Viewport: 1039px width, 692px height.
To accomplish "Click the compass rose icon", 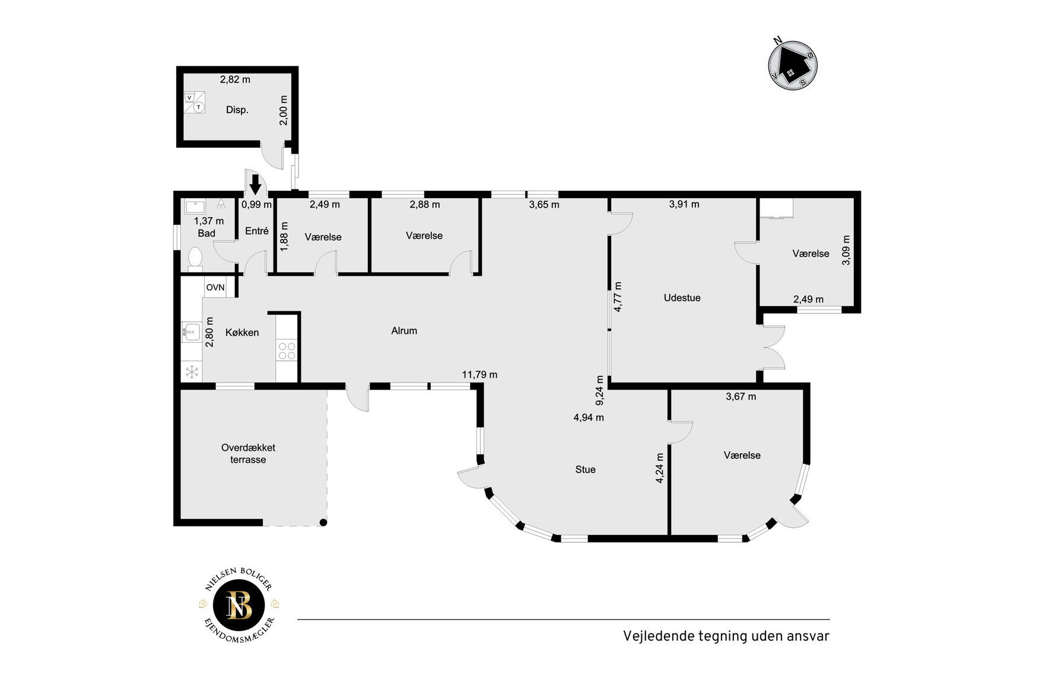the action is coord(793,63).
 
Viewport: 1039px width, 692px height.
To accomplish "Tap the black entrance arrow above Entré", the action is coord(255,184).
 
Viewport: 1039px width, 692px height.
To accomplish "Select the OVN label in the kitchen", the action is coord(215,288).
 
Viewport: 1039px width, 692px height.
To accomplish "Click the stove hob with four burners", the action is coord(287,351).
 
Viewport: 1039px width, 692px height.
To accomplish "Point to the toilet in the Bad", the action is coord(195,259).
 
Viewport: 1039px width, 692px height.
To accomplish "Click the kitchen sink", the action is coord(191,331).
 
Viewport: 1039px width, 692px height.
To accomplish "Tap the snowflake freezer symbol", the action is coord(192,372).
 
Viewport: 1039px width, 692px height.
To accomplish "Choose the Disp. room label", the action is coord(237,110).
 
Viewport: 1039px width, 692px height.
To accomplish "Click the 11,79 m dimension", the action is coord(479,375).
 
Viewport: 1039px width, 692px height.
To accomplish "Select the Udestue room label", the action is coord(682,298).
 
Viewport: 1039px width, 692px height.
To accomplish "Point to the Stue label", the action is coord(585,469).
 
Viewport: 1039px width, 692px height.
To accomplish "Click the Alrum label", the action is coord(404,331).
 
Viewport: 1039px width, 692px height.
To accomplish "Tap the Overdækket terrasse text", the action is coord(248,454).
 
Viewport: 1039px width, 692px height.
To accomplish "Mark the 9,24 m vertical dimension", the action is coord(600,390).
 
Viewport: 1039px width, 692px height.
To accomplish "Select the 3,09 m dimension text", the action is coord(846,250).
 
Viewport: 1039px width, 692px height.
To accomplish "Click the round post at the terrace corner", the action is coord(323,522).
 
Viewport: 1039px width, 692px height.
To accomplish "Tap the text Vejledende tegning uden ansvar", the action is coord(726,636).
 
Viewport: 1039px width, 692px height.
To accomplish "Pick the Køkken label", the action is coord(242,333).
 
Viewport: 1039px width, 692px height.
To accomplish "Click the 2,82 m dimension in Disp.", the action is coord(235,79).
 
